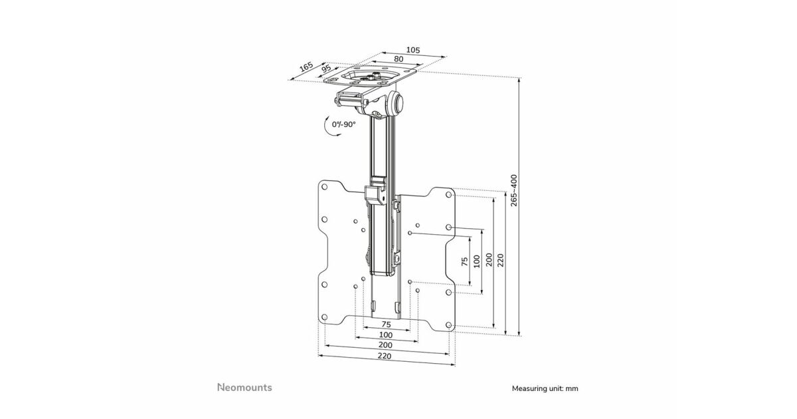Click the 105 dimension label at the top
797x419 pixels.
(x=412, y=51)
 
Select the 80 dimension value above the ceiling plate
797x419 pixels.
(x=398, y=59)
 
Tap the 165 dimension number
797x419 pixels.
(x=306, y=67)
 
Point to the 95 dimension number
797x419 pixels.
(x=326, y=69)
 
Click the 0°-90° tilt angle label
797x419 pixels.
(x=344, y=124)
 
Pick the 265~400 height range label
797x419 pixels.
(x=513, y=190)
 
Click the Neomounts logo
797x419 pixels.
(x=244, y=388)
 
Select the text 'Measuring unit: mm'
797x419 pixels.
(x=545, y=388)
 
